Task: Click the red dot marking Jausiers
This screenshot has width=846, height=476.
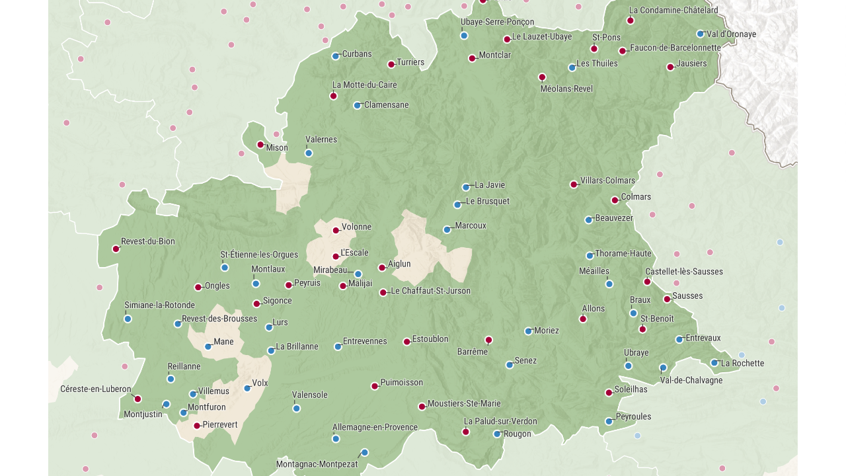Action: coord(670,67)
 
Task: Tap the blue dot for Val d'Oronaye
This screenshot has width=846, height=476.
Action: coord(701,34)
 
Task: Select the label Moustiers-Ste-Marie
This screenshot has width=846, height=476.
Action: coord(464,403)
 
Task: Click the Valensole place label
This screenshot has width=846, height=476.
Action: coord(310,395)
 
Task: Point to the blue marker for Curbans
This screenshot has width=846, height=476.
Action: coord(336,56)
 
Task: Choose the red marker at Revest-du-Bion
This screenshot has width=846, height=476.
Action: coord(116,249)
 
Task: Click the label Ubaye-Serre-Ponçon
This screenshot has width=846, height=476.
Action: coord(497,22)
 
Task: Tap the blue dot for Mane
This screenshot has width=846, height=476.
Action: coord(208,346)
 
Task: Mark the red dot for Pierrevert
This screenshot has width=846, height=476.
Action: coord(197,426)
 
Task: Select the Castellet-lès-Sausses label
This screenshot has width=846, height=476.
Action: coord(684,272)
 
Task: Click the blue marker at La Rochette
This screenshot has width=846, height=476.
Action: coord(714,362)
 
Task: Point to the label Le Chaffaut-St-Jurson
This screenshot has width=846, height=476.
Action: coord(431,291)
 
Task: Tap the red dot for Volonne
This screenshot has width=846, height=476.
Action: coord(336,231)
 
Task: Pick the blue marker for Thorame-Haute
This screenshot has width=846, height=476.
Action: coord(590,256)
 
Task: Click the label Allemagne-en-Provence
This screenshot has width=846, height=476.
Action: coord(375,427)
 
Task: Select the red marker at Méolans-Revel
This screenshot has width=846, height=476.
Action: coord(542,77)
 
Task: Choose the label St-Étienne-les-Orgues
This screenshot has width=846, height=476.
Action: coord(259,255)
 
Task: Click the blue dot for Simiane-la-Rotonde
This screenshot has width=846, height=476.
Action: coord(128,319)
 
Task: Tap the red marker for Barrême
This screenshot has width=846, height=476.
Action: coord(488,340)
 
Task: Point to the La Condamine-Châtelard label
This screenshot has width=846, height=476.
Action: coord(673,10)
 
